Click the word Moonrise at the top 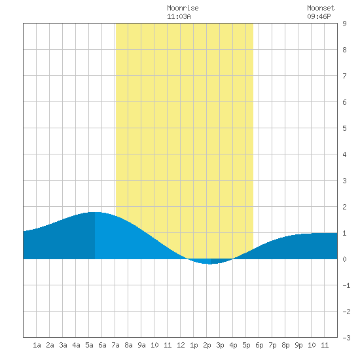coord(183,9)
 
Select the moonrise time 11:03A coord(179,17)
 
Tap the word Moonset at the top coord(321,9)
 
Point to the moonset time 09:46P coord(319,17)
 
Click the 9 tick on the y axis coord(344,24)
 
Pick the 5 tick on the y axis coord(344,128)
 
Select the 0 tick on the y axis coord(344,259)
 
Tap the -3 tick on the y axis coord(346,338)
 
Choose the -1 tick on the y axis coord(346,285)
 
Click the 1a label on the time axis coord(37,345)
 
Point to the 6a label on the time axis coord(102,345)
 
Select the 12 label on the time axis coord(181,345)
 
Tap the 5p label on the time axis coord(246,345)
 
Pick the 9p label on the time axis coord(298,345)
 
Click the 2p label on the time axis coord(207,345)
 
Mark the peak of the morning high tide coord(95,212)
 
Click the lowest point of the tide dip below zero coord(209,264)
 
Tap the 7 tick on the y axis coord(344,76)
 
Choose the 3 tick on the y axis coord(344,181)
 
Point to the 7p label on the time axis coord(272,345)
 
